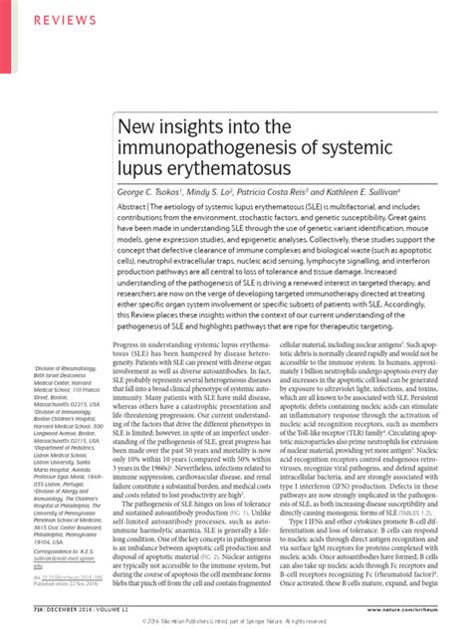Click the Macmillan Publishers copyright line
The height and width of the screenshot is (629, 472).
tap(236, 619)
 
